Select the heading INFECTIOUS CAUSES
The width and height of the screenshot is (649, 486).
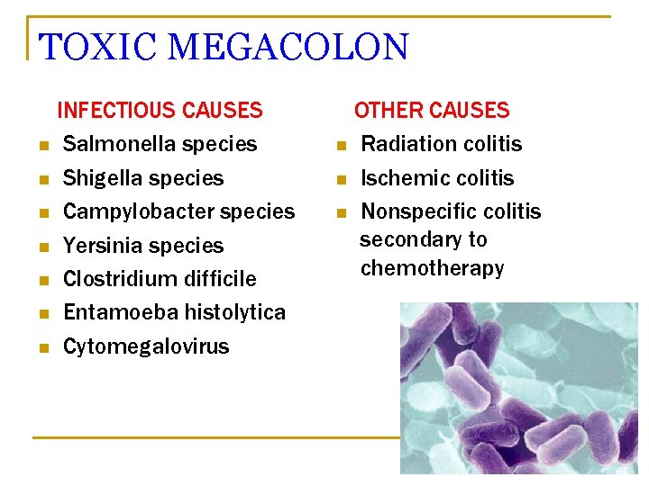(x=160, y=111)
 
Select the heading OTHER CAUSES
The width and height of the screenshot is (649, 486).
(x=432, y=111)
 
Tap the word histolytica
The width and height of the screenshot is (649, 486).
(x=234, y=312)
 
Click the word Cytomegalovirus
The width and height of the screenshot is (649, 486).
(x=146, y=346)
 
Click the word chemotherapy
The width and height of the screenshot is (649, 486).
(x=432, y=268)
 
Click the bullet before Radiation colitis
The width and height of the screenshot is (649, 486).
(x=341, y=146)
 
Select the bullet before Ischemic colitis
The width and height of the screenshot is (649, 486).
(x=341, y=180)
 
